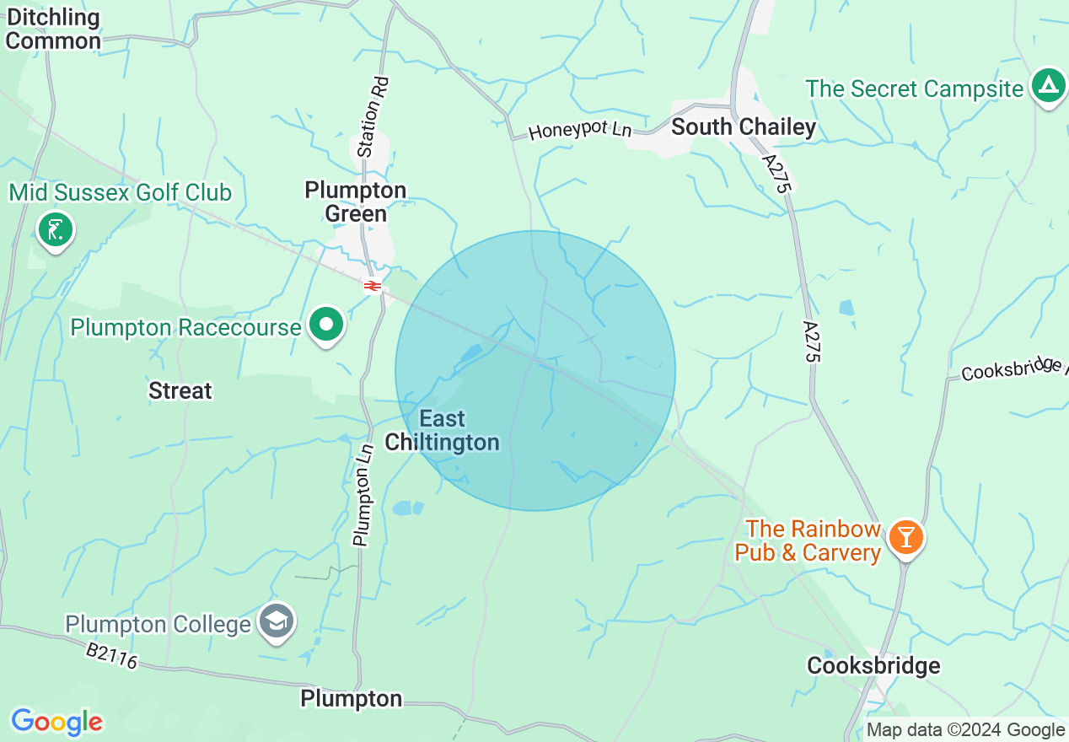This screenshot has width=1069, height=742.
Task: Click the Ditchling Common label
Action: click(52, 29)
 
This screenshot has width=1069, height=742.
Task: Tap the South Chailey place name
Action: click(744, 127)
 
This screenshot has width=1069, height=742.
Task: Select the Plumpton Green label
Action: click(356, 202)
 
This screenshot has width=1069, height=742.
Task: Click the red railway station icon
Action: click(372, 287)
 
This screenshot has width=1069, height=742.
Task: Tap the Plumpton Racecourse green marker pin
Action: click(325, 325)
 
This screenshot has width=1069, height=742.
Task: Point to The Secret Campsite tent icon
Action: click(1048, 85)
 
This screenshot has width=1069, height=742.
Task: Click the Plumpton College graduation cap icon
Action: click(277, 621)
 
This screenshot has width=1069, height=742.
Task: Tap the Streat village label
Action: click(180, 391)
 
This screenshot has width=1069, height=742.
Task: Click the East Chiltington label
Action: click(443, 430)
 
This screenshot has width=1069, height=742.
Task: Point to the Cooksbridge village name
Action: click(873, 666)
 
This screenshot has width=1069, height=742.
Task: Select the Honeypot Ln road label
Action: click(580, 131)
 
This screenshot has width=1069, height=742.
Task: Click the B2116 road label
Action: click(111, 656)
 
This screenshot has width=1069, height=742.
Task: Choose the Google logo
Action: click(56, 722)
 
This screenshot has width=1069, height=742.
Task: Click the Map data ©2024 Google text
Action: click(965, 730)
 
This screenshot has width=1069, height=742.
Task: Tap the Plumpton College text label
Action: click(158, 625)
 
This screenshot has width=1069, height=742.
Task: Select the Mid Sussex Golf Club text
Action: click(121, 193)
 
